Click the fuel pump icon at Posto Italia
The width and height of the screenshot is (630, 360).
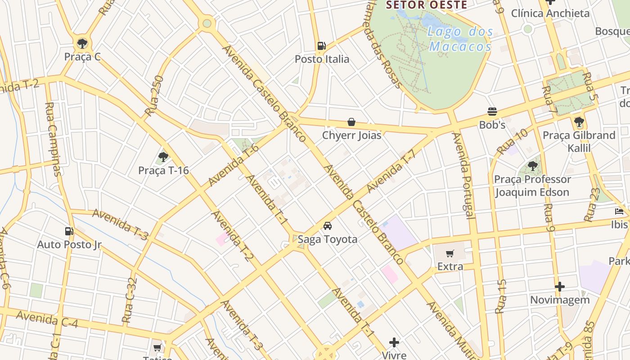[x=321, y=45]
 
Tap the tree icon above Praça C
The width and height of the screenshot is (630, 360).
[x=82, y=43]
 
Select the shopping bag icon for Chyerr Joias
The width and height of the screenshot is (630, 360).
[x=351, y=122]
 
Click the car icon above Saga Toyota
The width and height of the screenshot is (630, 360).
[x=328, y=226]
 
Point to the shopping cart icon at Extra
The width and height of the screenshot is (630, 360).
[x=450, y=254]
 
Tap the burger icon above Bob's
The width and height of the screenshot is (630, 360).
[x=492, y=112]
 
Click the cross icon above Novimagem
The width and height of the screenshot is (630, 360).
[x=559, y=287]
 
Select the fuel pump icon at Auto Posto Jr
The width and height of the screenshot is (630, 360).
[x=69, y=231]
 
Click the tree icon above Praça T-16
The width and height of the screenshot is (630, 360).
[x=163, y=157]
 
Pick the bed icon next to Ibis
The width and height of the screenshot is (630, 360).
[x=619, y=211]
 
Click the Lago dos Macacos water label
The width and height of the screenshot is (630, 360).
[x=460, y=39]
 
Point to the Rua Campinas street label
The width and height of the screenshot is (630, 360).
[x=53, y=139]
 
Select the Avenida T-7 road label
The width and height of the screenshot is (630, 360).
[x=391, y=171]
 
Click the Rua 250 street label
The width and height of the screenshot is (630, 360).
[x=154, y=96]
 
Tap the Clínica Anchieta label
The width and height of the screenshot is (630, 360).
[x=550, y=13]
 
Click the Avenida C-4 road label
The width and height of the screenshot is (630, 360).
[x=47, y=319]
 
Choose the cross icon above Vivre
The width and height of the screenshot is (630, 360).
[x=394, y=342]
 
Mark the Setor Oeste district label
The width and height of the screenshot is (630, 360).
[x=427, y=5]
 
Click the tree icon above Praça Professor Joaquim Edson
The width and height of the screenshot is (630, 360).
[x=533, y=166]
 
